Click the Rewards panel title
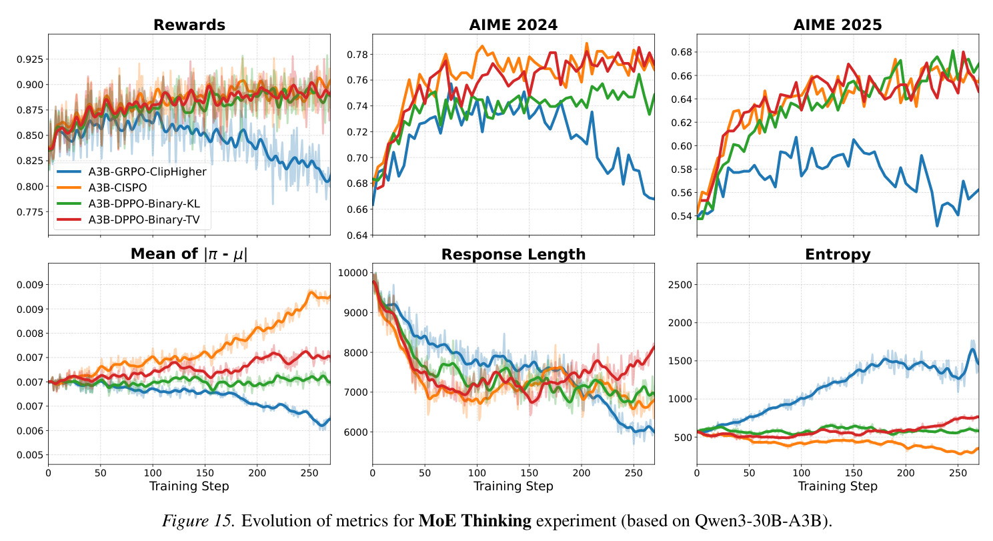[x=189, y=25]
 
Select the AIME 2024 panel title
[x=514, y=25]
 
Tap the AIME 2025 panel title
[x=838, y=25]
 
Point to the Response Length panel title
[x=514, y=255]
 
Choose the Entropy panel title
[x=838, y=255]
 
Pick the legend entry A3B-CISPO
[x=117, y=187]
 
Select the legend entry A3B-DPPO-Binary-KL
[x=144, y=203]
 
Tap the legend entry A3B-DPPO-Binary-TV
[x=144, y=219]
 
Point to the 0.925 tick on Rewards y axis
[x=30, y=59]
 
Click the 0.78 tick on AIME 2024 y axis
[x=357, y=55]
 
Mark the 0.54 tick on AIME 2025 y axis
[x=682, y=216]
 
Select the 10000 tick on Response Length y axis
[x=353, y=273]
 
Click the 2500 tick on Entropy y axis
[x=680, y=285]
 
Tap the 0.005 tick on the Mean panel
[x=30, y=455]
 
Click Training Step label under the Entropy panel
[x=838, y=486]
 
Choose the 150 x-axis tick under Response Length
[x=529, y=473]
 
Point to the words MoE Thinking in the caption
[x=475, y=520]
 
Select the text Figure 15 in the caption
[x=197, y=520]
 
